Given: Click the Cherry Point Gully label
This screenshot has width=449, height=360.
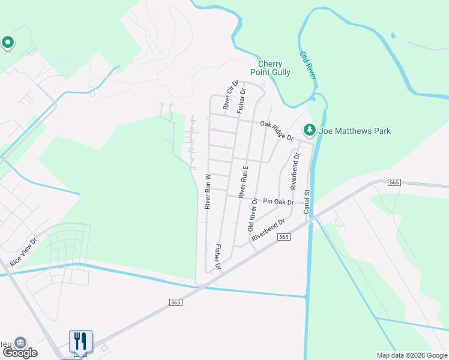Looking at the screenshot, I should pos(274,68).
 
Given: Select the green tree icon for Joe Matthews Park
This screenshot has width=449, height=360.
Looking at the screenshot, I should pos(310,130).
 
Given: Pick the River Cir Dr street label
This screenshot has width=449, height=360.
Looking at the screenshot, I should pos(228,95).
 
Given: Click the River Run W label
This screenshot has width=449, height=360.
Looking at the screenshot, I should pos(208,191).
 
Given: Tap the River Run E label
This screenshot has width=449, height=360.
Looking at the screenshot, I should pos(243,182).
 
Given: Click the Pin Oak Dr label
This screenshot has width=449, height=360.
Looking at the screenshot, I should pos(278,202).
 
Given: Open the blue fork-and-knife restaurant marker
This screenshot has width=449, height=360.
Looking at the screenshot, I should pos(80,342).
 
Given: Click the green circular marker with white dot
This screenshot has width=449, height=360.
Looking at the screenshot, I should pos(8,43).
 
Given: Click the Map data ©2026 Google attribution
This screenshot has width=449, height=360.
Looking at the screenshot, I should pos(412,355).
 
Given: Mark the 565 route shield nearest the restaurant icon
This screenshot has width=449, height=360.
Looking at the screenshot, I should pos(175,302).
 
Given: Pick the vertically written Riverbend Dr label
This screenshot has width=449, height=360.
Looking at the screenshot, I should pos(295,171).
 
